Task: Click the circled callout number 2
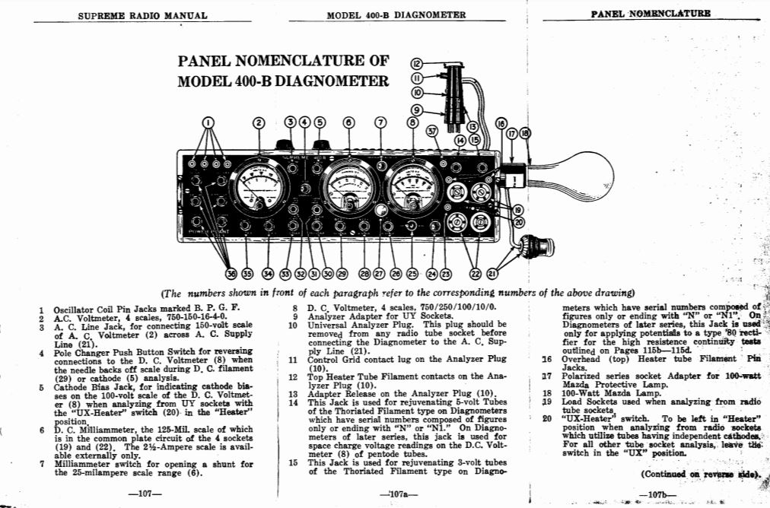[259, 122]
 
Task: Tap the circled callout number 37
[433, 130]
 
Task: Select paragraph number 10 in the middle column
[293, 326]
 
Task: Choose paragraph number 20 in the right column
[546, 418]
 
